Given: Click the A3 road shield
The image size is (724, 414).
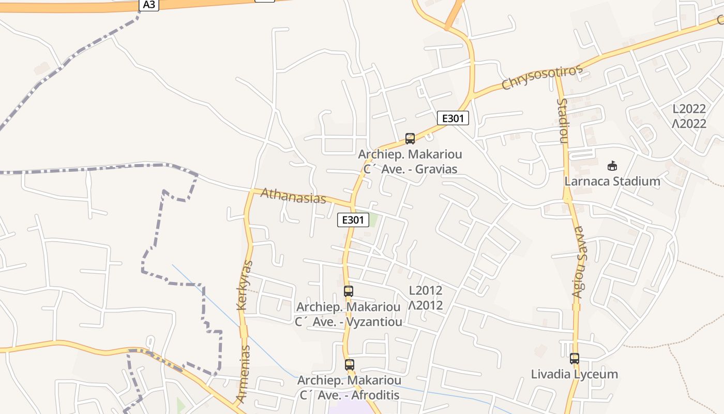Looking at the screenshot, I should point(148,5).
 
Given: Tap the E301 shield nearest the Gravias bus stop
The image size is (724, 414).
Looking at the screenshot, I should point(452,119).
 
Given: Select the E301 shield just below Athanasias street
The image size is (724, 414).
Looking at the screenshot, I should point(353,220).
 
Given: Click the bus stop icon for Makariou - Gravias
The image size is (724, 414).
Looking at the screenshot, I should point(410,139).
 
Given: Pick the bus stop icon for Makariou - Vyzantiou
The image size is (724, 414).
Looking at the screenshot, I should point(349,291).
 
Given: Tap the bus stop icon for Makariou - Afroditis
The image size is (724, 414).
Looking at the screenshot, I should point(350,365).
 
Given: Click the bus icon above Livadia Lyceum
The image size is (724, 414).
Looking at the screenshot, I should point(574,358).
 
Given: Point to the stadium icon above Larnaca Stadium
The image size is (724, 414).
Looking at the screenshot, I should point(612,166).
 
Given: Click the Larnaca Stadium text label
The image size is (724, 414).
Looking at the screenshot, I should point(612,182).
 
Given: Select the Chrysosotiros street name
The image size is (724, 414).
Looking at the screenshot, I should point(542,78).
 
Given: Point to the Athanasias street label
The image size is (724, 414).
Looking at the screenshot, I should point(293,196).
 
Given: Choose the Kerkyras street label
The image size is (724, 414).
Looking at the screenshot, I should point(245,285).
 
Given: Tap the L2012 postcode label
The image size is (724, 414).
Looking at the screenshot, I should point(426,290).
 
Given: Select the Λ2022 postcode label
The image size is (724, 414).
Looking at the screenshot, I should point(689,124).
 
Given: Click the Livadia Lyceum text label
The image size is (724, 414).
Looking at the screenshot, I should point(574,374).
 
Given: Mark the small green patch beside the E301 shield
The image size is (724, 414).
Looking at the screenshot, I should point(373,219).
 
